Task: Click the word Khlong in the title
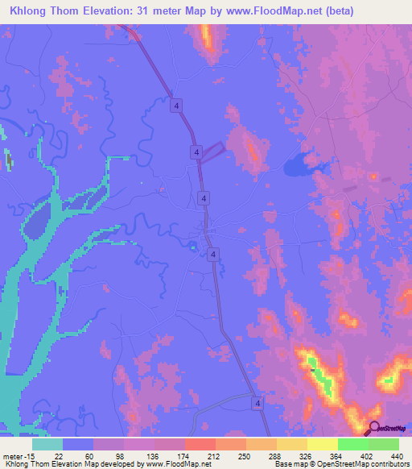click(29, 11)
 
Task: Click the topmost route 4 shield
click(175, 105)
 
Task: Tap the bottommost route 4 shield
click(257, 402)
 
